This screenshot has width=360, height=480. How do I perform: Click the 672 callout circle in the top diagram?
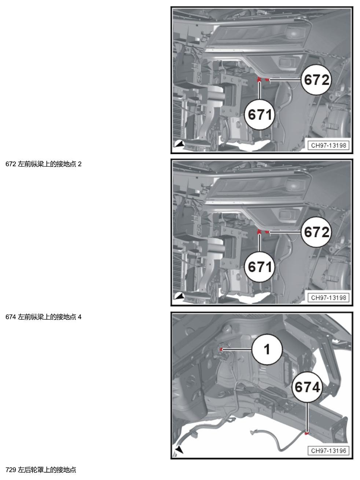coord(316,80)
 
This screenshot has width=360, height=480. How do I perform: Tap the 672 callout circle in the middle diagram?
coord(316,232)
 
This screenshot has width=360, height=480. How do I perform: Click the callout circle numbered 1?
coord(267,349)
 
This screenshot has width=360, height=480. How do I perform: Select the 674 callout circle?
coord(307,387)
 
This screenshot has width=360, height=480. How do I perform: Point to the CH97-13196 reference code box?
coord(328,450)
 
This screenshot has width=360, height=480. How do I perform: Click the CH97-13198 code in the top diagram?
coord(328,145)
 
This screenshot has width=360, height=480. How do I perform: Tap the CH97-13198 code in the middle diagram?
coord(328,298)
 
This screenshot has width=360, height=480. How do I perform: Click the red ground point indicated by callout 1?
coord(221,349)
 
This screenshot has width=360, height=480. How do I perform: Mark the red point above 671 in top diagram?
coord(259,79)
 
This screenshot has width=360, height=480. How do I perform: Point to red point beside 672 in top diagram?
coord(267,80)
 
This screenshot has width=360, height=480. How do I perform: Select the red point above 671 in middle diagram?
coord(259,232)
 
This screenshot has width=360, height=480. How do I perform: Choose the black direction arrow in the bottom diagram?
coord(179,450)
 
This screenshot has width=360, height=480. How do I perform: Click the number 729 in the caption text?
coord(11,470)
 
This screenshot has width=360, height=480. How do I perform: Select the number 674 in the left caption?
coord(11,317)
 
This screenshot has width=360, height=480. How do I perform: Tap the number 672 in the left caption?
coord(11,164)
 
